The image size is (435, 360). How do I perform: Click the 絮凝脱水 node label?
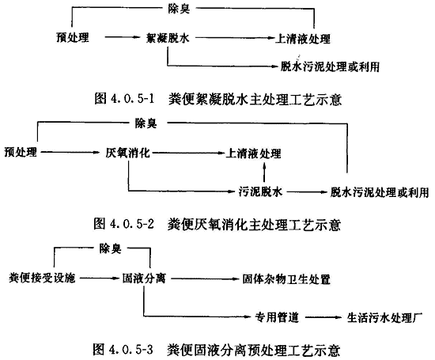point(168,37)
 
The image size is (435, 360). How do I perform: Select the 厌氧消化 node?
point(127,153)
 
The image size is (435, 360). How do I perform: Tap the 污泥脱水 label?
point(260,191)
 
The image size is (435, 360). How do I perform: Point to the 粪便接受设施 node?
point(42,278)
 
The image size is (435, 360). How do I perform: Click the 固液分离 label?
point(144,279)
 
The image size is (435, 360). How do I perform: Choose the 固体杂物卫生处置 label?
point(286,279)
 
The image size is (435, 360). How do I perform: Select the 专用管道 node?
point(277,317)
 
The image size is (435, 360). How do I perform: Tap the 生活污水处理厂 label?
point(385,317)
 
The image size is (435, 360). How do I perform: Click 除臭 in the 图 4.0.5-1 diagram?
point(179,9)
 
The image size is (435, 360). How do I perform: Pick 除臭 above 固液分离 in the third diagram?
point(110,248)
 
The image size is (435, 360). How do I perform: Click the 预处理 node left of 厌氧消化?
point(21,152)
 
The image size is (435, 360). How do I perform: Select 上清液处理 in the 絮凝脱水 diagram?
point(303,38)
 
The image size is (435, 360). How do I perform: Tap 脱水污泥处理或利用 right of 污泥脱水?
point(379,192)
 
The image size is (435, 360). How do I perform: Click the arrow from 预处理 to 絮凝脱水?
point(122,37)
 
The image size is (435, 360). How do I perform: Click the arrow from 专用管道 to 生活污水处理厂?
point(323,317)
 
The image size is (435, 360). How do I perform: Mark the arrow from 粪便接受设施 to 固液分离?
point(99,278)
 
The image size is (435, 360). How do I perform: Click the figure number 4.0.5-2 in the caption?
point(132,224)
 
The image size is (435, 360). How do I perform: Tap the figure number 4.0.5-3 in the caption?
point(131,350)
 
